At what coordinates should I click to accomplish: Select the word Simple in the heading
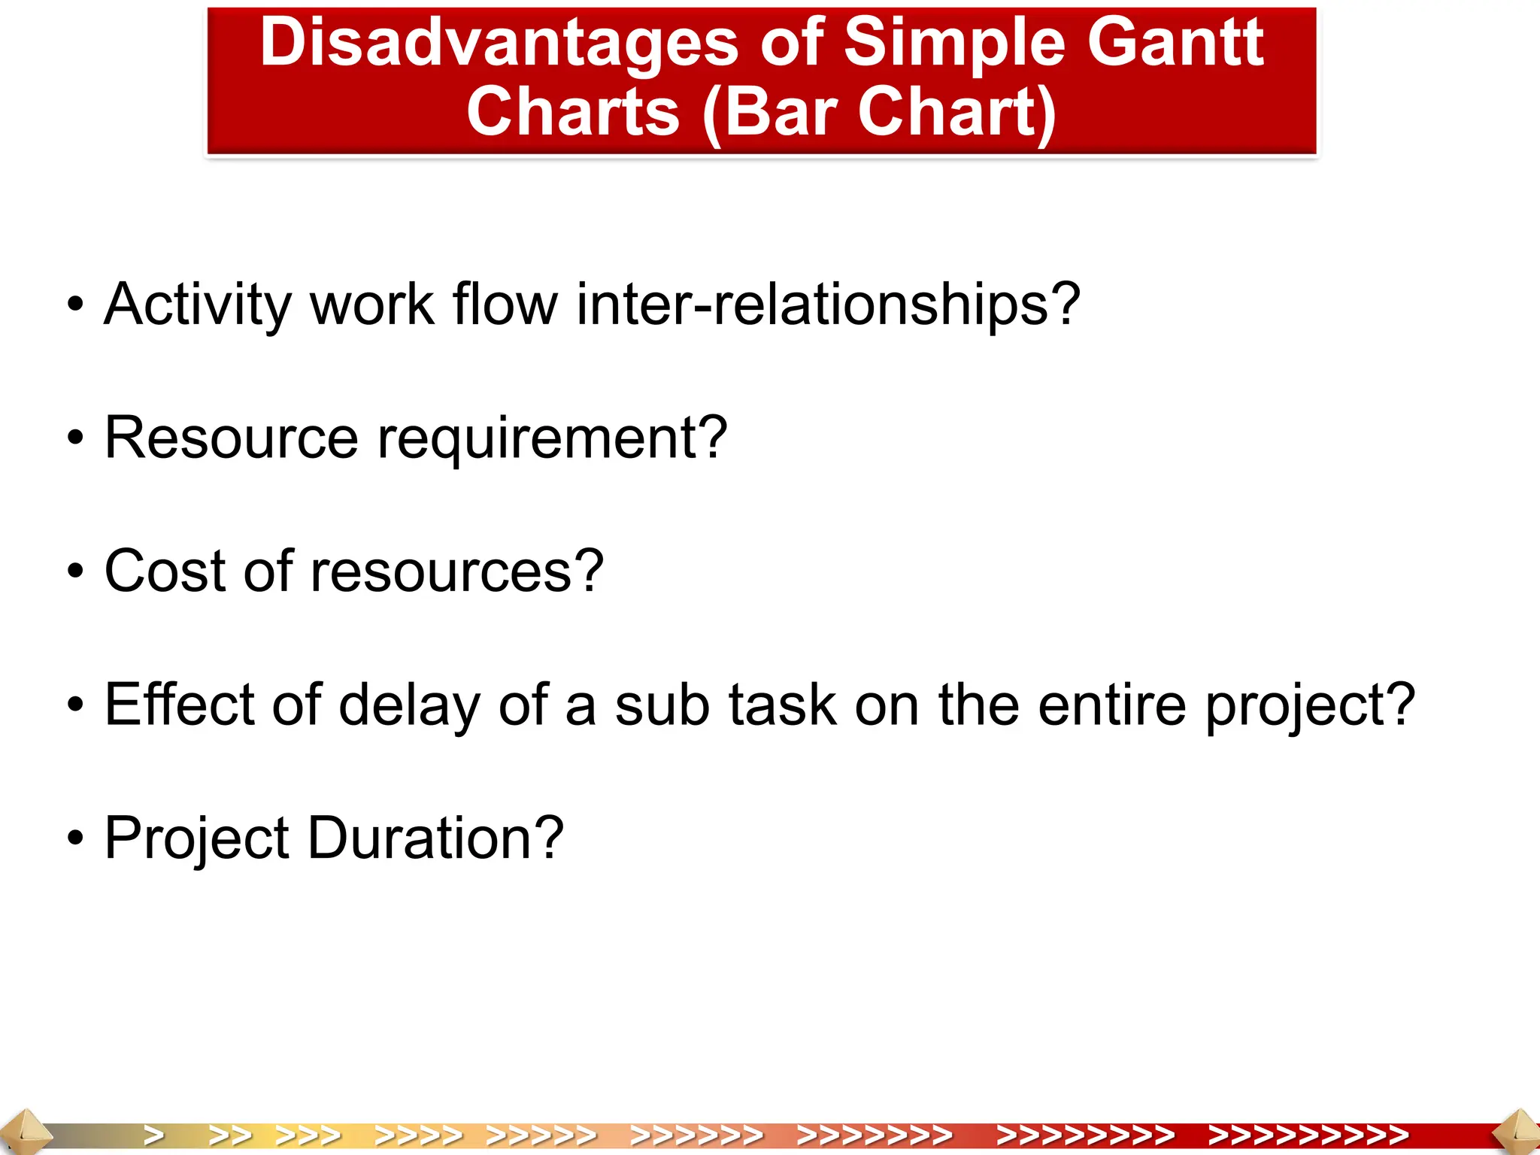(953, 44)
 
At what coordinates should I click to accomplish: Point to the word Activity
(197, 305)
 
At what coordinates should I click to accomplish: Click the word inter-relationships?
(828, 304)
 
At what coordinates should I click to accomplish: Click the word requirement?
(552, 439)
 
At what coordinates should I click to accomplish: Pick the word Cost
(164, 571)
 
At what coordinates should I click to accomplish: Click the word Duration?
(435, 838)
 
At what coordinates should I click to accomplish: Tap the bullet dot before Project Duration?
(74, 838)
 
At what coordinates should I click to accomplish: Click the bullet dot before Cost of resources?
(74, 571)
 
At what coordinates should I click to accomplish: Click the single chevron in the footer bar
(154, 1135)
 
